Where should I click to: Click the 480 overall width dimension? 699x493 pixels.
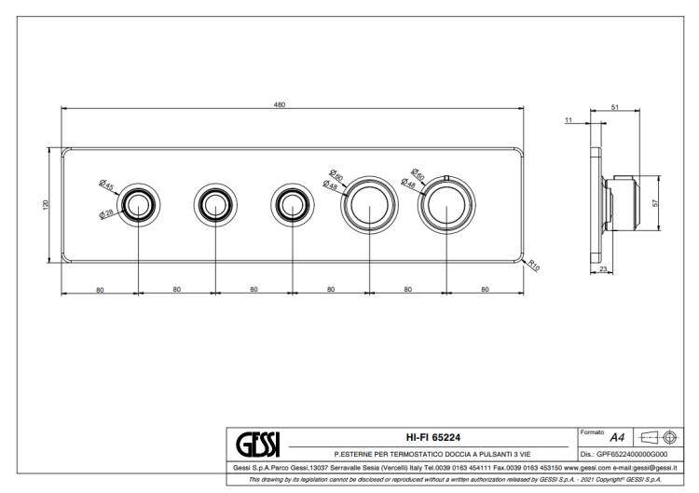(x=279, y=104)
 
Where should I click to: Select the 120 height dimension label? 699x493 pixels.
(x=45, y=205)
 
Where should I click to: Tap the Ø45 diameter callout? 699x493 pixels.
(x=106, y=185)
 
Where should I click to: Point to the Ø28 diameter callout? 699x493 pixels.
(x=106, y=213)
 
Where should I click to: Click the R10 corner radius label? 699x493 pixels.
(x=534, y=266)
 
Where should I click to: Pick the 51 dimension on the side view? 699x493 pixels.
(x=615, y=107)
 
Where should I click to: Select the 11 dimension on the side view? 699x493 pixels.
(x=568, y=120)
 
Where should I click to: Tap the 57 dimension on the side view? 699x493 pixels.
(x=655, y=203)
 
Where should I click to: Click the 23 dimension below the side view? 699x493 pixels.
(x=603, y=268)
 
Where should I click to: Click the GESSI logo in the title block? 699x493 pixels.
(x=257, y=444)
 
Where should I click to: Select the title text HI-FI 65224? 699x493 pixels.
(x=432, y=438)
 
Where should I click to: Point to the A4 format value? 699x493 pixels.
(x=617, y=438)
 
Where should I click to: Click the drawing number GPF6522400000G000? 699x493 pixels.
(x=632, y=454)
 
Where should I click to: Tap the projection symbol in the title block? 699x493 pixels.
(x=659, y=437)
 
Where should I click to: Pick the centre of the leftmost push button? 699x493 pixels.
(x=138, y=205)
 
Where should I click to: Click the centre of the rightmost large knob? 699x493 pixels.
(x=446, y=205)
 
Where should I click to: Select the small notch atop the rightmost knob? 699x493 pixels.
(x=446, y=178)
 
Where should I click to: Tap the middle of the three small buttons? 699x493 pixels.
(x=215, y=205)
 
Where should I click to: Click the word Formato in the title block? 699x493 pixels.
(x=592, y=432)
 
